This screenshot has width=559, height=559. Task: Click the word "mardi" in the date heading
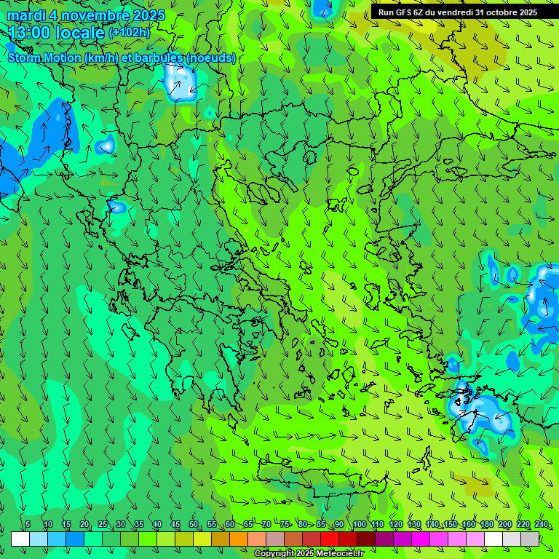tap(28, 15)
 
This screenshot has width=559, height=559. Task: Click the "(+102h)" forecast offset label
tap(130, 33)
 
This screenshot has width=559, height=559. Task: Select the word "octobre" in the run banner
tap(495, 12)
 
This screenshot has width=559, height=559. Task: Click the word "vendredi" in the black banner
tap(451, 12)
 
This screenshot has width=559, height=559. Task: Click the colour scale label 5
tap(28, 525)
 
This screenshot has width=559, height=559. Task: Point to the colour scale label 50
tap(194, 525)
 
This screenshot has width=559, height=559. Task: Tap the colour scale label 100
tap(360, 525)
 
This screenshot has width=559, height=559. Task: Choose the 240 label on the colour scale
tap(542, 525)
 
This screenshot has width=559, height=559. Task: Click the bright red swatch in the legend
tap(330, 539)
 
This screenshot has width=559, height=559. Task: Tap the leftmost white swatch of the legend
tap(20, 539)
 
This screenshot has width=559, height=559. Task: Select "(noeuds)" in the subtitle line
tap(211, 58)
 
